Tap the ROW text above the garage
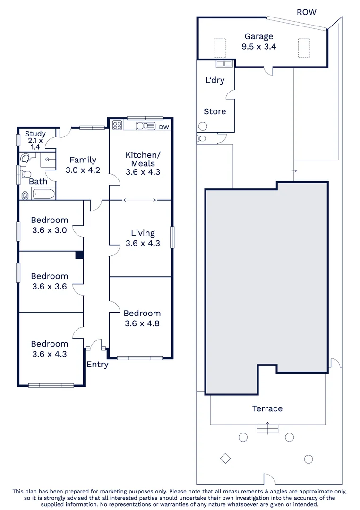click(x=306, y=12)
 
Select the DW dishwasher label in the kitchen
click(x=164, y=127)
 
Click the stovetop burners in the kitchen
click(x=117, y=126)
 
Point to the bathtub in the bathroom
click(x=43, y=193)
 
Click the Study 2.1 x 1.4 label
click(x=35, y=140)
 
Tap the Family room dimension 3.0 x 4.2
click(x=83, y=170)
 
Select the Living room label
click(x=143, y=233)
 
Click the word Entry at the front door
click(x=97, y=364)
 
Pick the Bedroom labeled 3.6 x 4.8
click(x=142, y=318)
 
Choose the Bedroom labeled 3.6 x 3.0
click(x=49, y=225)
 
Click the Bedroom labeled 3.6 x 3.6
click(x=49, y=281)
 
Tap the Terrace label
click(x=267, y=408)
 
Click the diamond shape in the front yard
click(x=225, y=458)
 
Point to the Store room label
click(x=214, y=111)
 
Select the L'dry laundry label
click(x=214, y=80)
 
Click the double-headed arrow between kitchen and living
click(x=140, y=200)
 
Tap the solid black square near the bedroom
click(x=79, y=255)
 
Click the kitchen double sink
click(x=145, y=126)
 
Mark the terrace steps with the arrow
click(x=267, y=429)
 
